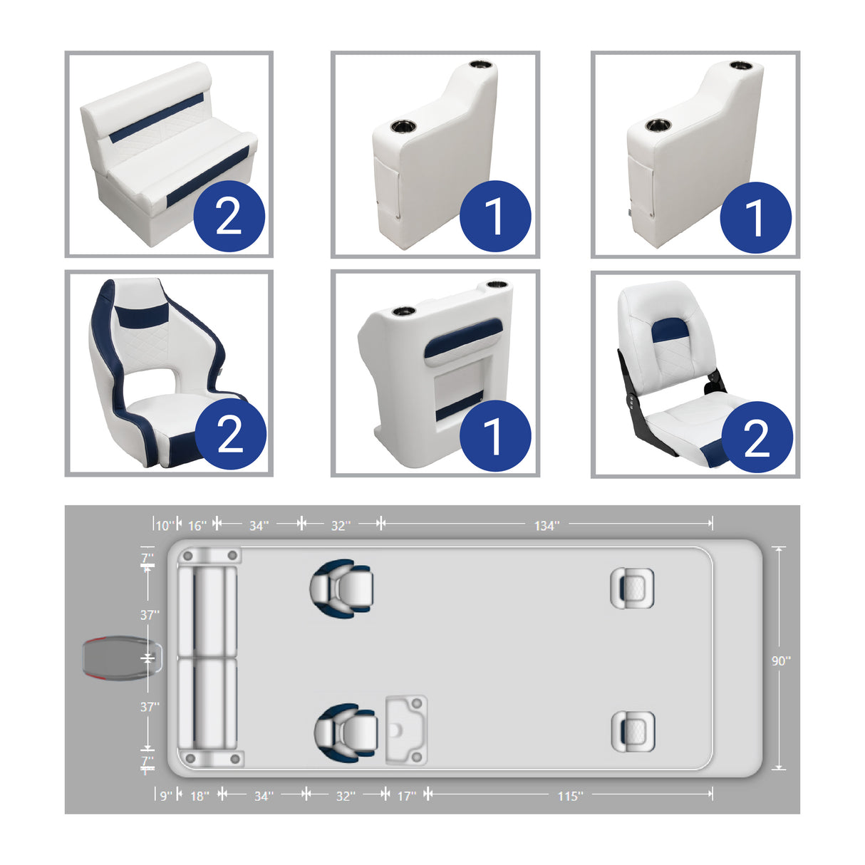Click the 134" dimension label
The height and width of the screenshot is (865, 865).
point(547,526)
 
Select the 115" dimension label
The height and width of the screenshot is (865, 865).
point(570,796)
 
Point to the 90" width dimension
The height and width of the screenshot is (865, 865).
point(780,661)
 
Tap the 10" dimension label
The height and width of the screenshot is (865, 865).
point(165,526)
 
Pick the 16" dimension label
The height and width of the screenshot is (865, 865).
point(197,526)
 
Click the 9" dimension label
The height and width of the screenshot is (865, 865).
point(165,796)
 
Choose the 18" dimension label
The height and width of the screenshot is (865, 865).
point(200,796)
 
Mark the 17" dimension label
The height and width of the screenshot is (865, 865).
point(406,796)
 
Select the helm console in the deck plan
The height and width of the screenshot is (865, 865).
point(406,730)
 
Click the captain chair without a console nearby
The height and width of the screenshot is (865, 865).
point(343,589)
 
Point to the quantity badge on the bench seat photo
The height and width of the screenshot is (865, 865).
point(229,217)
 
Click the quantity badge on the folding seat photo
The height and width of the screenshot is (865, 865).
point(757,437)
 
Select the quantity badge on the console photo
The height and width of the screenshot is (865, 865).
point(494,435)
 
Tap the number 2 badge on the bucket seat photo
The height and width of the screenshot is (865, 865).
point(229,434)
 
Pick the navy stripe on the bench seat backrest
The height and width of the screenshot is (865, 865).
point(157,118)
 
